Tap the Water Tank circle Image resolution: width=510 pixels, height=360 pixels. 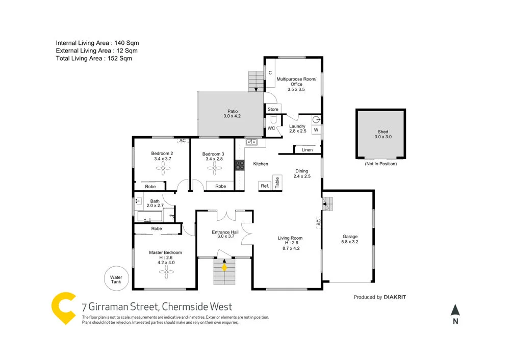(116, 280)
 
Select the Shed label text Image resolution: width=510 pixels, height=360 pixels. (382, 132)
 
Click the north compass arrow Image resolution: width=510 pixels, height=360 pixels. (455, 310)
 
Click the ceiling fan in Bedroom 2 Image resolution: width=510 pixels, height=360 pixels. (162, 171)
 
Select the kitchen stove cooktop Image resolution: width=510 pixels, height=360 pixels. (239, 165)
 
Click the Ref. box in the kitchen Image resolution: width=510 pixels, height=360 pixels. (265, 186)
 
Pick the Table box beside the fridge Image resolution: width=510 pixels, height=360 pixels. (277, 182)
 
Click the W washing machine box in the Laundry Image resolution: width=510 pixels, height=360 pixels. (316, 130)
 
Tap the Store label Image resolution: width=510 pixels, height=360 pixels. (273, 109)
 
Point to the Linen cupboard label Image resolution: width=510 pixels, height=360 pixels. (307, 150)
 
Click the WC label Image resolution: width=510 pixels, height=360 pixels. (271, 128)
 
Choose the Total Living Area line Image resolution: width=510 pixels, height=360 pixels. (94, 59)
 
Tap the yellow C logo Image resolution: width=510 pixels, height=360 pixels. (64, 307)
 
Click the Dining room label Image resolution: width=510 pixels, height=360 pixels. (302, 171)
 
